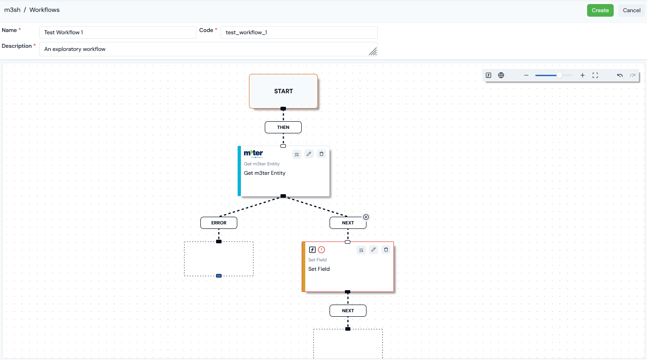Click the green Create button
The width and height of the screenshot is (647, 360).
click(600, 10)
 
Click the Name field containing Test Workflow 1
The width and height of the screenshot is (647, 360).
click(118, 32)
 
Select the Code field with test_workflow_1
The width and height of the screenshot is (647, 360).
click(299, 32)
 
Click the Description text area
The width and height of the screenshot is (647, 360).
click(208, 49)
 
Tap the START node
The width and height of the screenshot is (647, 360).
click(283, 91)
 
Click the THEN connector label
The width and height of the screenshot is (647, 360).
click(283, 127)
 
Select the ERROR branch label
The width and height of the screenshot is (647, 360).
click(219, 223)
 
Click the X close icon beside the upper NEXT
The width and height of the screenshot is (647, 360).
click(366, 217)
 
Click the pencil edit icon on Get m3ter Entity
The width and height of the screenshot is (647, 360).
click(309, 154)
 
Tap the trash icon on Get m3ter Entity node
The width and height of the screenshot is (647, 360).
click(321, 154)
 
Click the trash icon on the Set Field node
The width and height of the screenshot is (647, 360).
click(386, 250)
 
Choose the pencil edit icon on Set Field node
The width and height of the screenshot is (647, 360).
click(373, 250)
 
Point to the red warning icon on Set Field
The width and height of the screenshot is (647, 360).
click(321, 250)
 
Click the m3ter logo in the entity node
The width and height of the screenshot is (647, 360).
click(253, 153)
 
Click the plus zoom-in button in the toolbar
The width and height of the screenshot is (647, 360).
click(582, 76)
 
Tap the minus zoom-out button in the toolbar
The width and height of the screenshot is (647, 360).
click(526, 76)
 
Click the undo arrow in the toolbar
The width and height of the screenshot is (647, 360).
click(620, 76)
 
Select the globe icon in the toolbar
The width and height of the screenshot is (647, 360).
click(501, 76)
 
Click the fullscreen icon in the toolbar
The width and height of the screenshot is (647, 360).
click(595, 76)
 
